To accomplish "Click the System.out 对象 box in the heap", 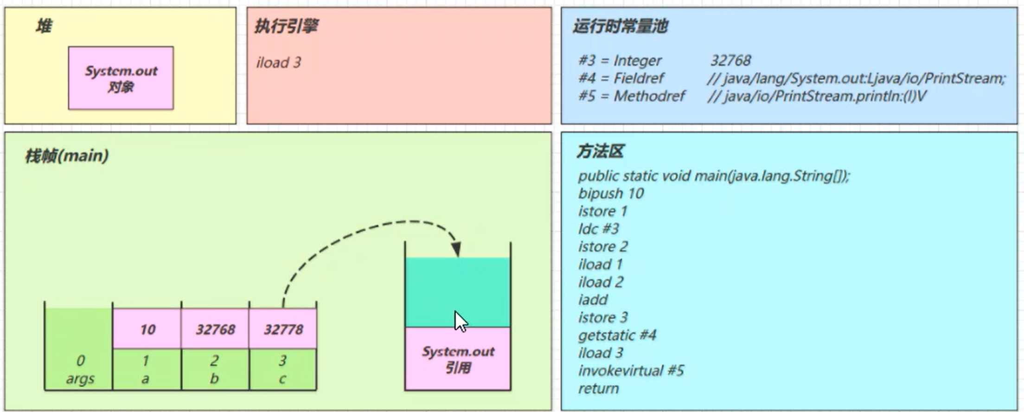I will (x=121, y=78).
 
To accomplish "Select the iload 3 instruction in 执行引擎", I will (x=278, y=62).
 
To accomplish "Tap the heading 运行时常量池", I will (x=620, y=26).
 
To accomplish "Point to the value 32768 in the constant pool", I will (x=730, y=60).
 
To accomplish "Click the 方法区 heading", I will (x=600, y=151).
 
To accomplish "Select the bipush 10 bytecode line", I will (x=611, y=193).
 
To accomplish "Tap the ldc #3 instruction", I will (x=598, y=229).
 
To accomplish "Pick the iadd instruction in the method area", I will (x=593, y=300).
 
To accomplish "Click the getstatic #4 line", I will (x=617, y=335).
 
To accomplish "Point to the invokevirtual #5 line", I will (x=631, y=371).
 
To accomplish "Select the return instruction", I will (x=598, y=388).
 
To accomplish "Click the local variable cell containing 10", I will (x=147, y=329).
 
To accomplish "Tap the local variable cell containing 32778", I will (x=283, y=329).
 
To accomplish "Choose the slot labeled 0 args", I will (x=79, y=369).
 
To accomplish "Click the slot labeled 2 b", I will (x=215, y=369).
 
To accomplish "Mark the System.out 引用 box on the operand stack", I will (x=458, y=359).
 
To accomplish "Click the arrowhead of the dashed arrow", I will (x=457, y=250).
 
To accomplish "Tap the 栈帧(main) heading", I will (x=66, y=156).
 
